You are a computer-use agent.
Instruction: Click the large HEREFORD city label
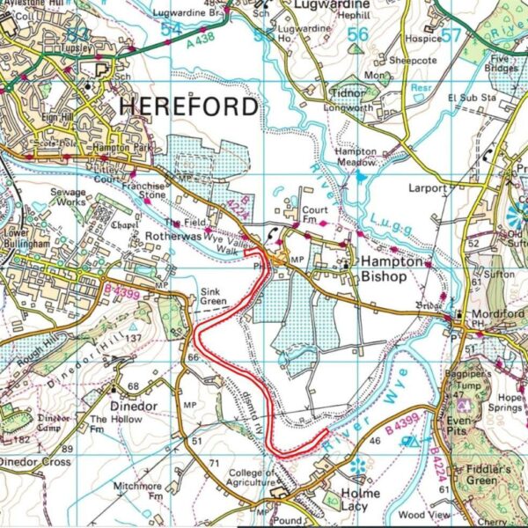[x=188, y=106]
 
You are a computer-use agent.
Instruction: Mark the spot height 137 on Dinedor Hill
[x=134, y=339]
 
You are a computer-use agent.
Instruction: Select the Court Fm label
[x=314, y=216]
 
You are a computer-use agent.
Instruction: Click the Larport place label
[x=429, y=188]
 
